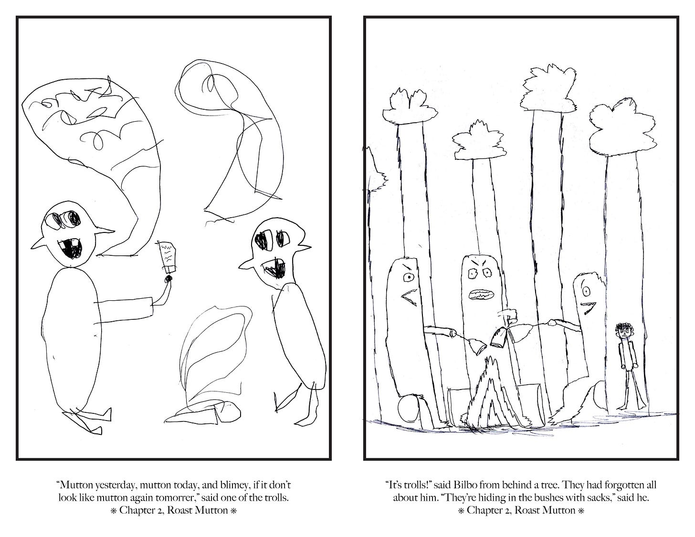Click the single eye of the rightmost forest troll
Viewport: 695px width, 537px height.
click(586, 291)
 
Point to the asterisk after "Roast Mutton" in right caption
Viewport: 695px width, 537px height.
click(581, 511)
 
